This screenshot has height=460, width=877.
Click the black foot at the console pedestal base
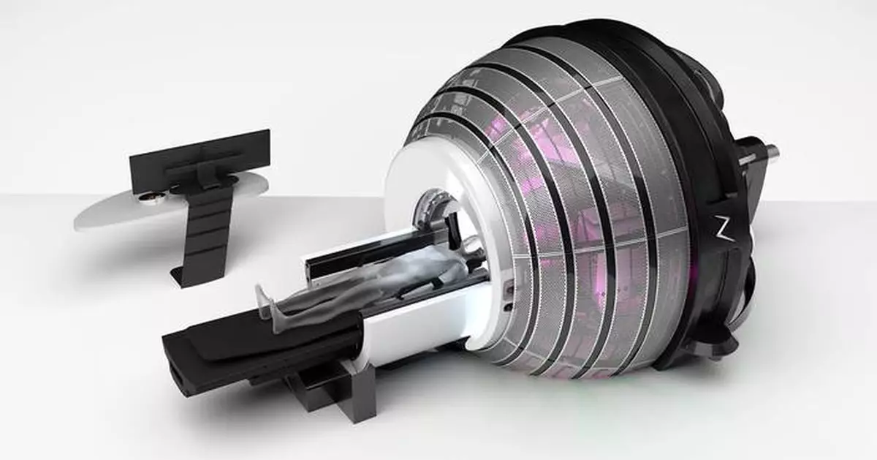coord(183,276)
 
